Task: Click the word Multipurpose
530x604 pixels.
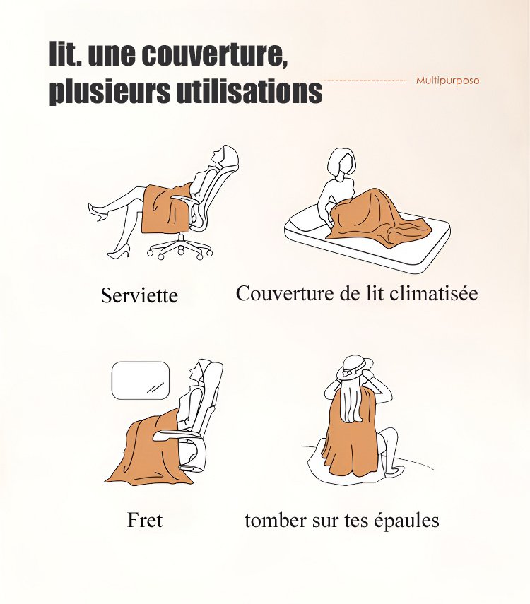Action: click(x=447, y=81)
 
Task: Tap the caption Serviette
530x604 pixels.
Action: click(x=139, y=295)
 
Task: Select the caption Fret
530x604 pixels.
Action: click(x=145, y=520)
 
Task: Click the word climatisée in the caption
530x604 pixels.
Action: click(x=433, y=293)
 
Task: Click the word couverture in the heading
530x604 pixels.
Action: click(x=214, y=54)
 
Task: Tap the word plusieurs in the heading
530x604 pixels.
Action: click(x=110, y=92)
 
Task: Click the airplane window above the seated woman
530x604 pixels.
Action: click(x=141, y=380)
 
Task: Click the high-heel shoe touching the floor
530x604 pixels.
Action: click(x=118, y=253)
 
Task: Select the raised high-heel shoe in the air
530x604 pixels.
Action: click(x=97, y=211)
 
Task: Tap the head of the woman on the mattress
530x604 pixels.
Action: click(x=341, y=164)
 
